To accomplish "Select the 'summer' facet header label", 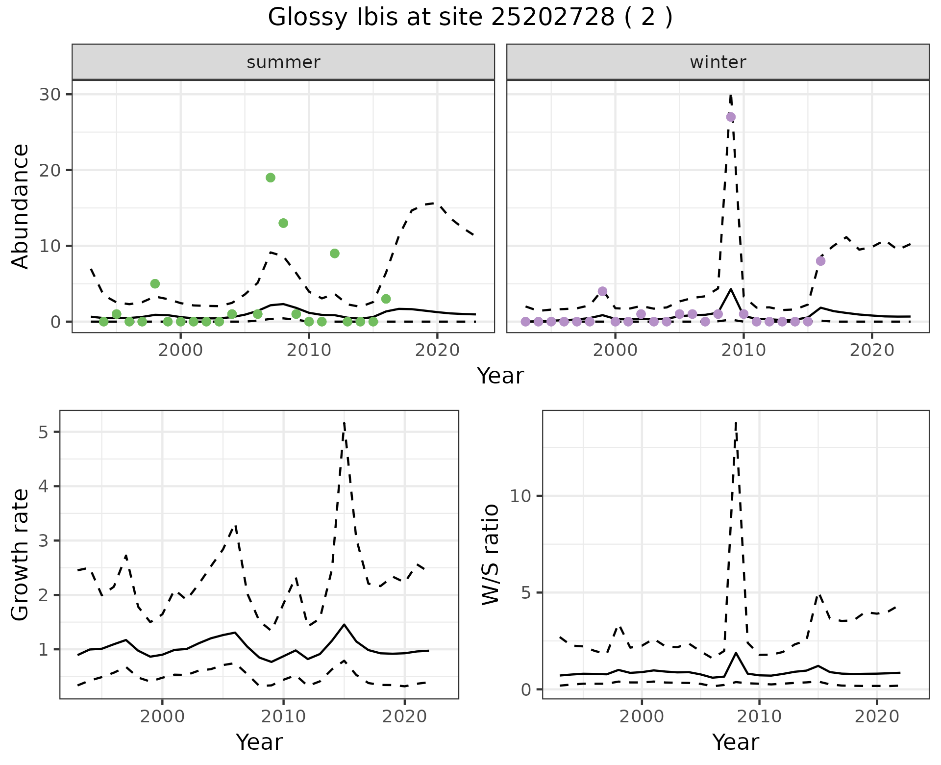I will click(x=283, y=62).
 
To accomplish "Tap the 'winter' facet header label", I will click(x=718, y=62).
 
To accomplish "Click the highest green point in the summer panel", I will click(x=271, y=178).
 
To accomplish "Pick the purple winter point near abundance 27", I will click(x=731, y=117).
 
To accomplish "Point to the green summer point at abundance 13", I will click(x=283, y=223).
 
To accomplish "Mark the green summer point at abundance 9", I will click(x=335, y=254).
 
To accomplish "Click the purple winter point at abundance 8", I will click(x=821, y=261).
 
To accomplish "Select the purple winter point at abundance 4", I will click(x=602, y=291).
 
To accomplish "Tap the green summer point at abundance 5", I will click(x=155, y=283).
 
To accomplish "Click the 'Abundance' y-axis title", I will click(x=21, y=206).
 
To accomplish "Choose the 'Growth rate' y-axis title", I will click(x=21, y=554).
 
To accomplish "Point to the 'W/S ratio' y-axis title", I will click(x=490, y=554).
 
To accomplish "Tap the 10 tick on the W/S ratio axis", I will click(x=520, y=496).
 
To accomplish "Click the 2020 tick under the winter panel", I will click(x=872, y=350).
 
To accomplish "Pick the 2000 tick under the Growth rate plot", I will click(x=162, y=716).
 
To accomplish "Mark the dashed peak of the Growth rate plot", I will click(x=345, y=423).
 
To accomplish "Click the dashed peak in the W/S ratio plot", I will click(x=736, y=423).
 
